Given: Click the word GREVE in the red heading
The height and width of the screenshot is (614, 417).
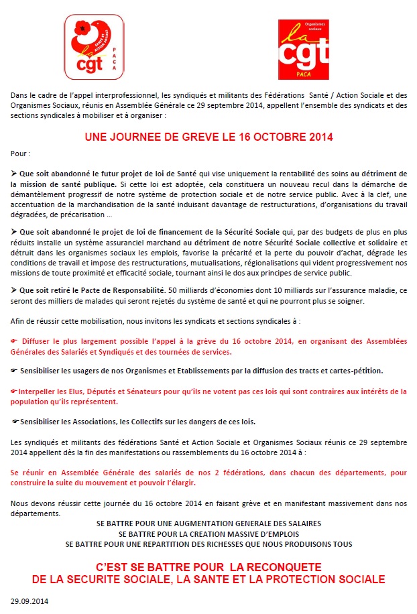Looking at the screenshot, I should click(x=183, y=137).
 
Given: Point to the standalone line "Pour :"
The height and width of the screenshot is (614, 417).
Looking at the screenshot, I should click(x=21, y=153).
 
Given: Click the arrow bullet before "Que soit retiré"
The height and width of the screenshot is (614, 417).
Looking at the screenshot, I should click(x=14, y=290).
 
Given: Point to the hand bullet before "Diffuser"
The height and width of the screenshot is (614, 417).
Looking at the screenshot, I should click(x=15, y=342).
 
